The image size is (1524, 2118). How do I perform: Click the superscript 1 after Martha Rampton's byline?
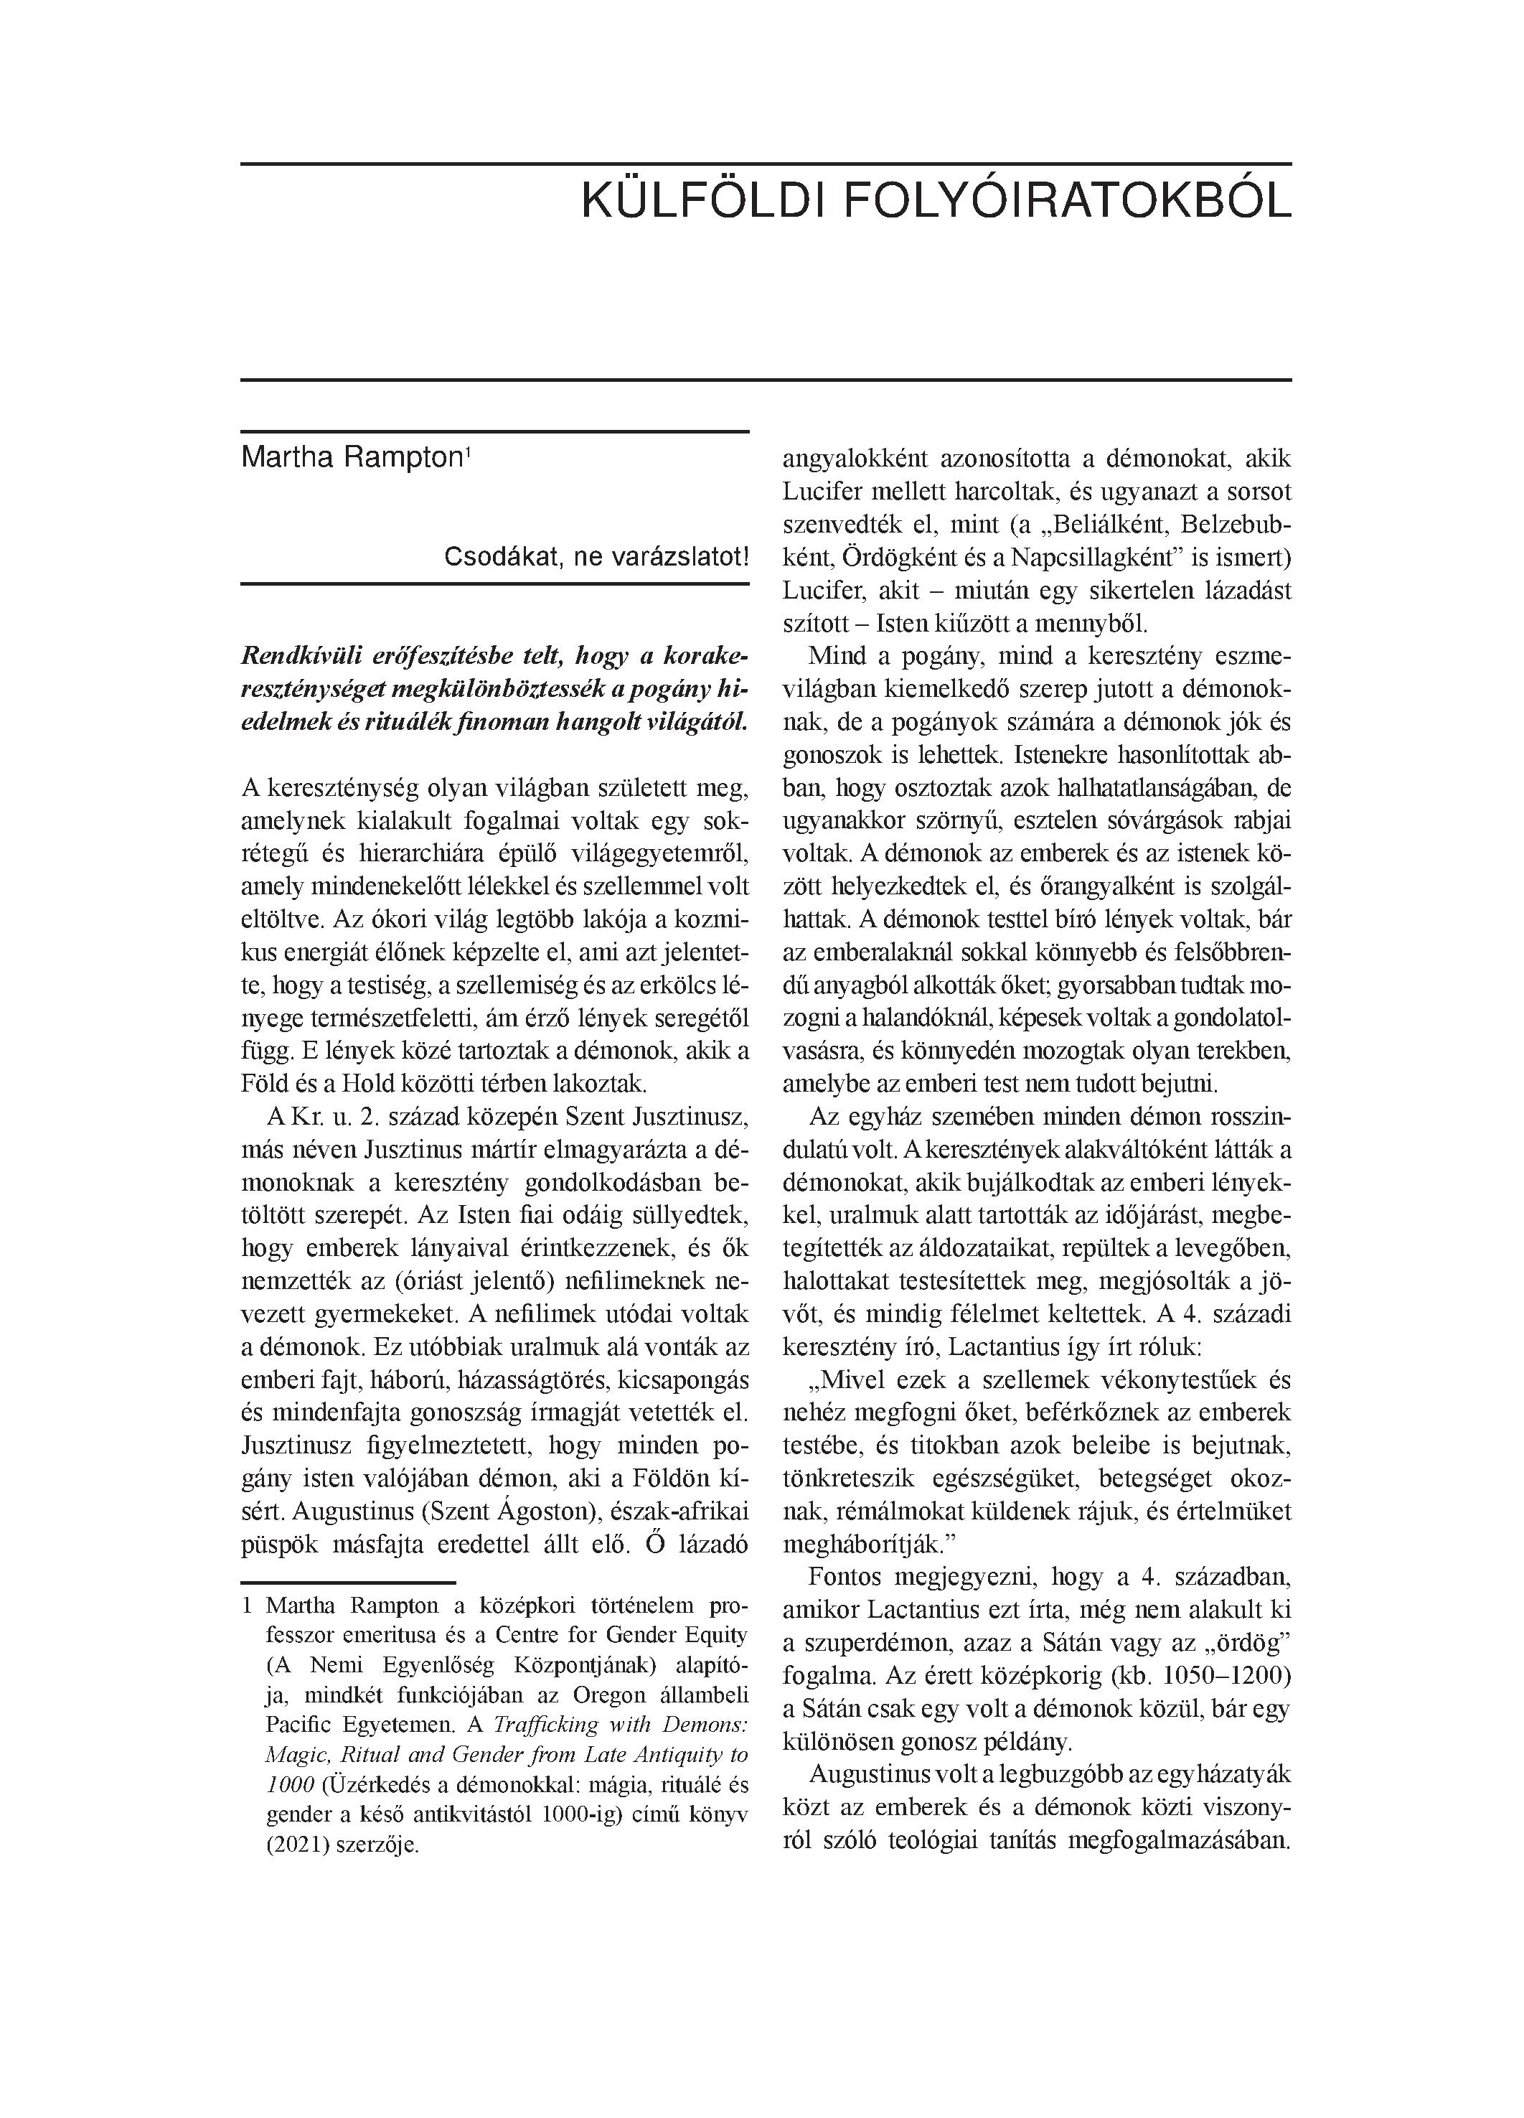tap(467, 453)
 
